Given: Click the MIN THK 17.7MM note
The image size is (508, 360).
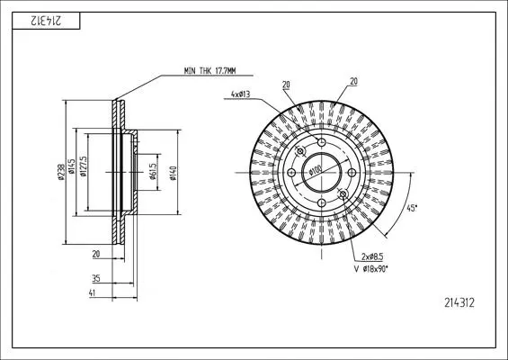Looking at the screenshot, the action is tap(209, 71).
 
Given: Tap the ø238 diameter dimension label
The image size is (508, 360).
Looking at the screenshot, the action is tap(61, 172).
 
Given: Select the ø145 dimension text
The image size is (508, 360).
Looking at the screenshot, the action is tap(71, 166).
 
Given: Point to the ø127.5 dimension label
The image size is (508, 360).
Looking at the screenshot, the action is tap(83, 166).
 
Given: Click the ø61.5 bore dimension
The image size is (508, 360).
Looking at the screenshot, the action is tap(153, 171).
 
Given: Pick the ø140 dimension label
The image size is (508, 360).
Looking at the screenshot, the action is tap(173, 173).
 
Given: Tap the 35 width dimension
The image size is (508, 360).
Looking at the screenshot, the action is tap(96, 278).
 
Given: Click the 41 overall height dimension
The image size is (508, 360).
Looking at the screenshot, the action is tap(93, 292).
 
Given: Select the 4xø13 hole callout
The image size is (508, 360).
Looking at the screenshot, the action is tap(240, 94).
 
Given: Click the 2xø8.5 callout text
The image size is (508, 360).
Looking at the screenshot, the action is tap(372, 256).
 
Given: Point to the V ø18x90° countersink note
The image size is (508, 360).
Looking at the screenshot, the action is tap(371, 269).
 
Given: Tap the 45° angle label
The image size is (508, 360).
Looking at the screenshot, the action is tap(412, 208).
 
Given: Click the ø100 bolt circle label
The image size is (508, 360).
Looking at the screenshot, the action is tap(315, 171).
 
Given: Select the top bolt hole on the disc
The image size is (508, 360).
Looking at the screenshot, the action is tap(321, 142).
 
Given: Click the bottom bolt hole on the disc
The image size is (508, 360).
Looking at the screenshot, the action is tap(321, 203).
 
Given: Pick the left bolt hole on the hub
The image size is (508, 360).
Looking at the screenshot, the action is tap(291, 173).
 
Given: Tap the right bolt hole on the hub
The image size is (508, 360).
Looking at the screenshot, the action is tap(352, 173).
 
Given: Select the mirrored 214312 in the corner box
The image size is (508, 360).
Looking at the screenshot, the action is tap(46, 21).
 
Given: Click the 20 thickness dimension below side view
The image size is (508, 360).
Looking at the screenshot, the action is tap(96, 255).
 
